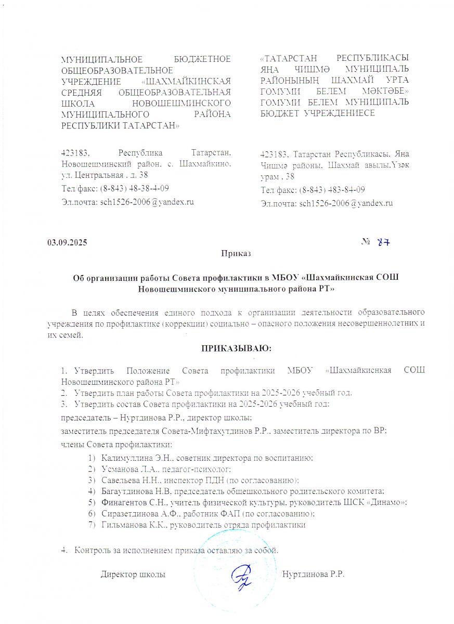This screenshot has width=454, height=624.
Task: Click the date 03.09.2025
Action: pyautogui.click(x=67, y=243)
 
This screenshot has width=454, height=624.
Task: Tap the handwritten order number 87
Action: pyautogui.click(x=383, y=242)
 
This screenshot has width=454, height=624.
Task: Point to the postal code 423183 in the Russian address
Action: pyautogui.click(x=75, y=153)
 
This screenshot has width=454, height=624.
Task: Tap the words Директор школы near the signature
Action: pyautogui.click(x=133, y=575)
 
